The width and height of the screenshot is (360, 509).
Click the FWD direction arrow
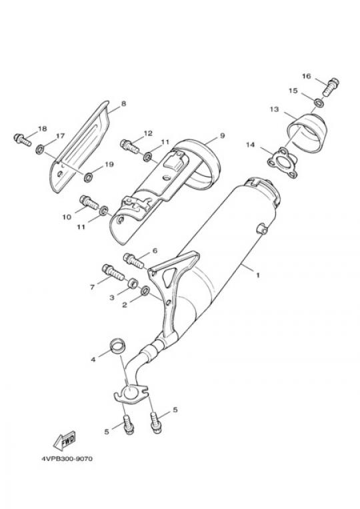pos(64,440)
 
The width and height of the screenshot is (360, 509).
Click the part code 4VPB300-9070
pos(67,459)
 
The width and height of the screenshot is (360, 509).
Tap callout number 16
pos(307,76)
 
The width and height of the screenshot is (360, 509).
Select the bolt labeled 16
pos(330,87)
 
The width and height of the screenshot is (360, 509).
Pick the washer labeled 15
pos(319,103)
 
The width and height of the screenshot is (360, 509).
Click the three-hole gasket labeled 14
pos(282,163)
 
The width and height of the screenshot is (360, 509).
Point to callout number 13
pos(274,109)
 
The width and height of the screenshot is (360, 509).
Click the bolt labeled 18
pos(23,139)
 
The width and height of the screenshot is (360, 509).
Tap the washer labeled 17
pos(39,149)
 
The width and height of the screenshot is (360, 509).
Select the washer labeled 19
pos(88,177)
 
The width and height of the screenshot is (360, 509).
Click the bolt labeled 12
pos(129,146)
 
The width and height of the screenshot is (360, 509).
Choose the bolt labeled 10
pos(89,201)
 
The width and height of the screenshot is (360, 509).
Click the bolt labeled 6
pos(133,261)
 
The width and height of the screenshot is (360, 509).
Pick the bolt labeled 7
pos(113,273)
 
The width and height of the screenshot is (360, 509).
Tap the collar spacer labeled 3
pos(132,284)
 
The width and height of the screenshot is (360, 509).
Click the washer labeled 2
pos(145,291)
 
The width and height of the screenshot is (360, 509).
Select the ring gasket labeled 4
pos(117,346)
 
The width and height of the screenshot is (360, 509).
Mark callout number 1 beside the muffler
pos(258,276)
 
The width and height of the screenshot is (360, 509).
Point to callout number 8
pos(123,104)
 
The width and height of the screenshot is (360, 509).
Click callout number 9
pos(222,135)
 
